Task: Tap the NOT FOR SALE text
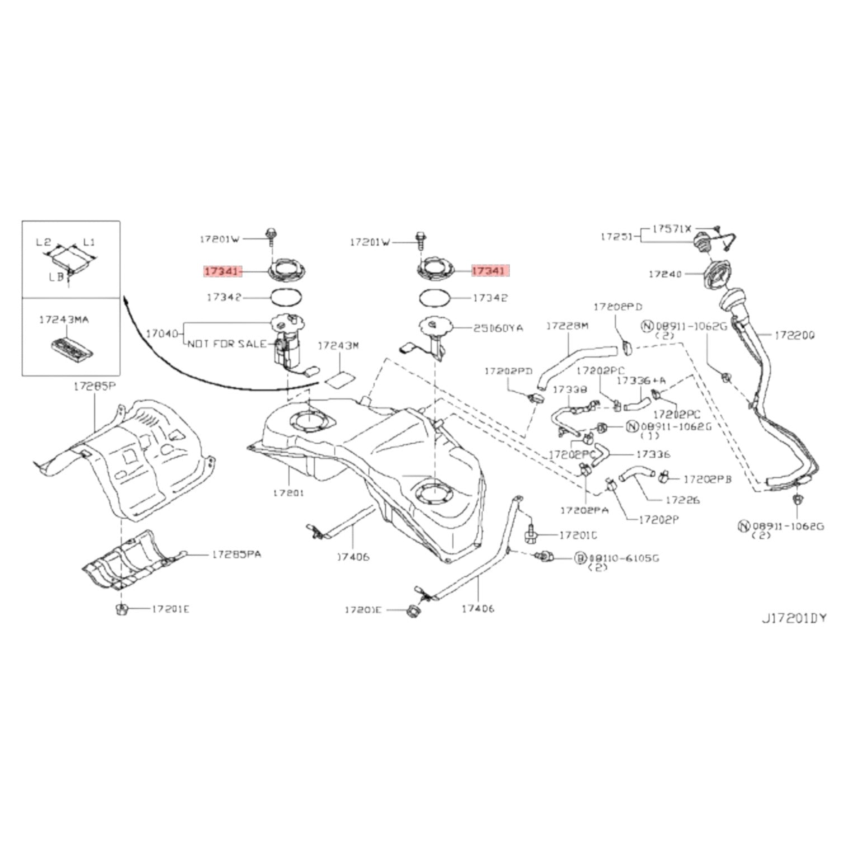(x=227, y=344)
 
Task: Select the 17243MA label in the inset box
(x=64, y=320)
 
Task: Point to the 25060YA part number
(x=498, y=328)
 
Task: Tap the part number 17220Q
(x=795, y=335)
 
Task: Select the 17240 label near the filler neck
(x=665, y=274)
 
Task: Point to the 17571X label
(x=672, y=228)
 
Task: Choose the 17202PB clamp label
(x=708, y=479)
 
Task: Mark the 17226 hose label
(x=682, y=500)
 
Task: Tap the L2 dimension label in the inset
(x=44, y=242)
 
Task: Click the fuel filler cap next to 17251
(x=702, y=242)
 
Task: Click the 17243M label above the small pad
(x=338, y=346)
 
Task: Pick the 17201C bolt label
(x=578, y=535)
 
